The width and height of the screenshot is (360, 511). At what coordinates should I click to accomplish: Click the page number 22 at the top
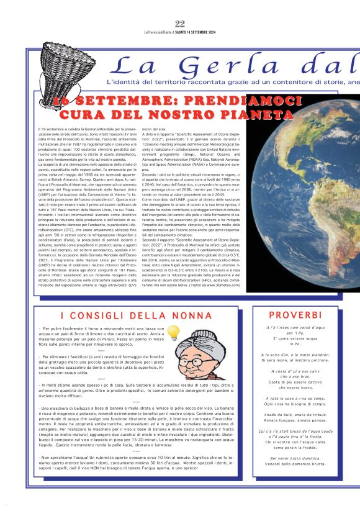pyautogui.click(x=180, y=24)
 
